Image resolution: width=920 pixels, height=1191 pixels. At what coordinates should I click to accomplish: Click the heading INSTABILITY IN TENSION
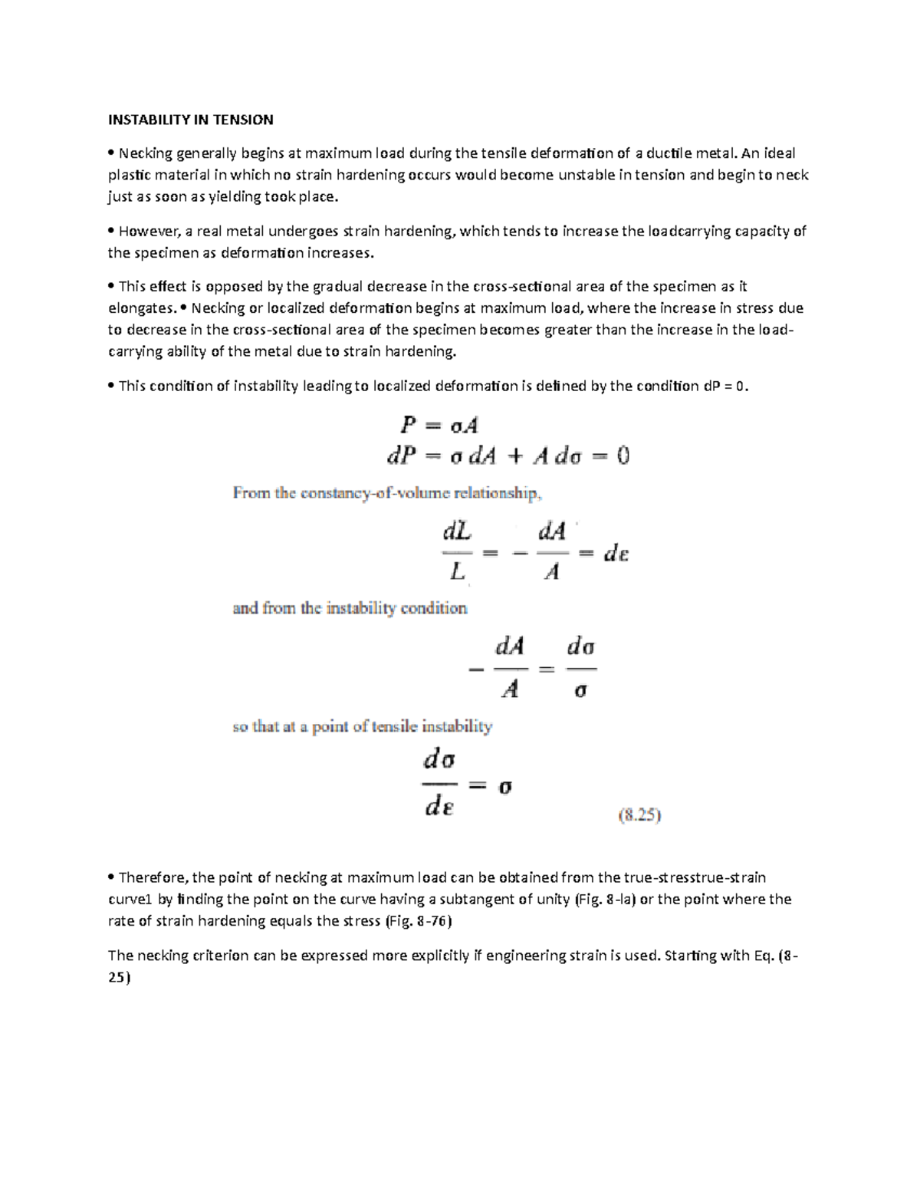click(x=190, y=120)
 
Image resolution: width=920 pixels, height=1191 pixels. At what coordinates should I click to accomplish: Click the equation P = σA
click(x=436, y=424)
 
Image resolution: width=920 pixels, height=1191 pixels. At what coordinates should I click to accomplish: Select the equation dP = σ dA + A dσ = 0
click(x=507, y=456)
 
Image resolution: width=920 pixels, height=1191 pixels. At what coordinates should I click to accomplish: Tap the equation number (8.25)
click(x=639, y=816)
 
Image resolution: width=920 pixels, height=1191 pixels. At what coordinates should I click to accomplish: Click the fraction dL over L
click(x=458, y=551)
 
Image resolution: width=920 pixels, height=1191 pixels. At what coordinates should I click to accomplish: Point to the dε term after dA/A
click(x=616, y=553)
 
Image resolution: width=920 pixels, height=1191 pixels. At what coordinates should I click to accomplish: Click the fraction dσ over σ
click(x=580, y=669)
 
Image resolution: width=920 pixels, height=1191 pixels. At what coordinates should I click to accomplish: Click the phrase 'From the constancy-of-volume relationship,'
click(x=388, y=494)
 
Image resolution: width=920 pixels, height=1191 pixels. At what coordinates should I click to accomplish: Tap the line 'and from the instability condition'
click(x=350, y=609)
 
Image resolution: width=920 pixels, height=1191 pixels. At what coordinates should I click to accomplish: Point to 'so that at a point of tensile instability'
click(x=362, y=727)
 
